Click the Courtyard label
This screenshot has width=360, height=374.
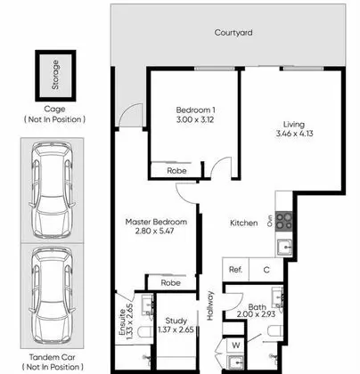point(233,32)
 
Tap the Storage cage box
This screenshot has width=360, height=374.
point(55,76)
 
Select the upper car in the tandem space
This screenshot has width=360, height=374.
point(52,191)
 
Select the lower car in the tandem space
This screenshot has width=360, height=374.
point(52,296)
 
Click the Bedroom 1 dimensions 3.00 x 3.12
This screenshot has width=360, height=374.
point(195,119)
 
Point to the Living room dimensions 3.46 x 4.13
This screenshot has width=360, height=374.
point(294,134)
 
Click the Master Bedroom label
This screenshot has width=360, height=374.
point(156,222)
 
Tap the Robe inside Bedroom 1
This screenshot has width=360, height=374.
point(176,171)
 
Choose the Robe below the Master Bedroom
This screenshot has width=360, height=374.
point(170,282)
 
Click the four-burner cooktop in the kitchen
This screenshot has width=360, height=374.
point(284,222)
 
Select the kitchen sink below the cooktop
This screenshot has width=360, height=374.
point(284,248)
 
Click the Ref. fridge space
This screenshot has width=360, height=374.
point(236,270)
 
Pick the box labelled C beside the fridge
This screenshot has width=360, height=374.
point(266,270)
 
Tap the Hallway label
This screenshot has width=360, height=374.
point(210,305)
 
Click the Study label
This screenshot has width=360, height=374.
point(176,321)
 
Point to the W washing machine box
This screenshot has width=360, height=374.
point(236,346)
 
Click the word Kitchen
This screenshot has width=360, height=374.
point(244,223)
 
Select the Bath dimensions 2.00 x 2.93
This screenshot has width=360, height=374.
point(256,314)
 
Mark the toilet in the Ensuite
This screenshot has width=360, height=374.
point(145,335)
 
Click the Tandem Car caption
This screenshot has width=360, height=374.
point(53,357)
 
